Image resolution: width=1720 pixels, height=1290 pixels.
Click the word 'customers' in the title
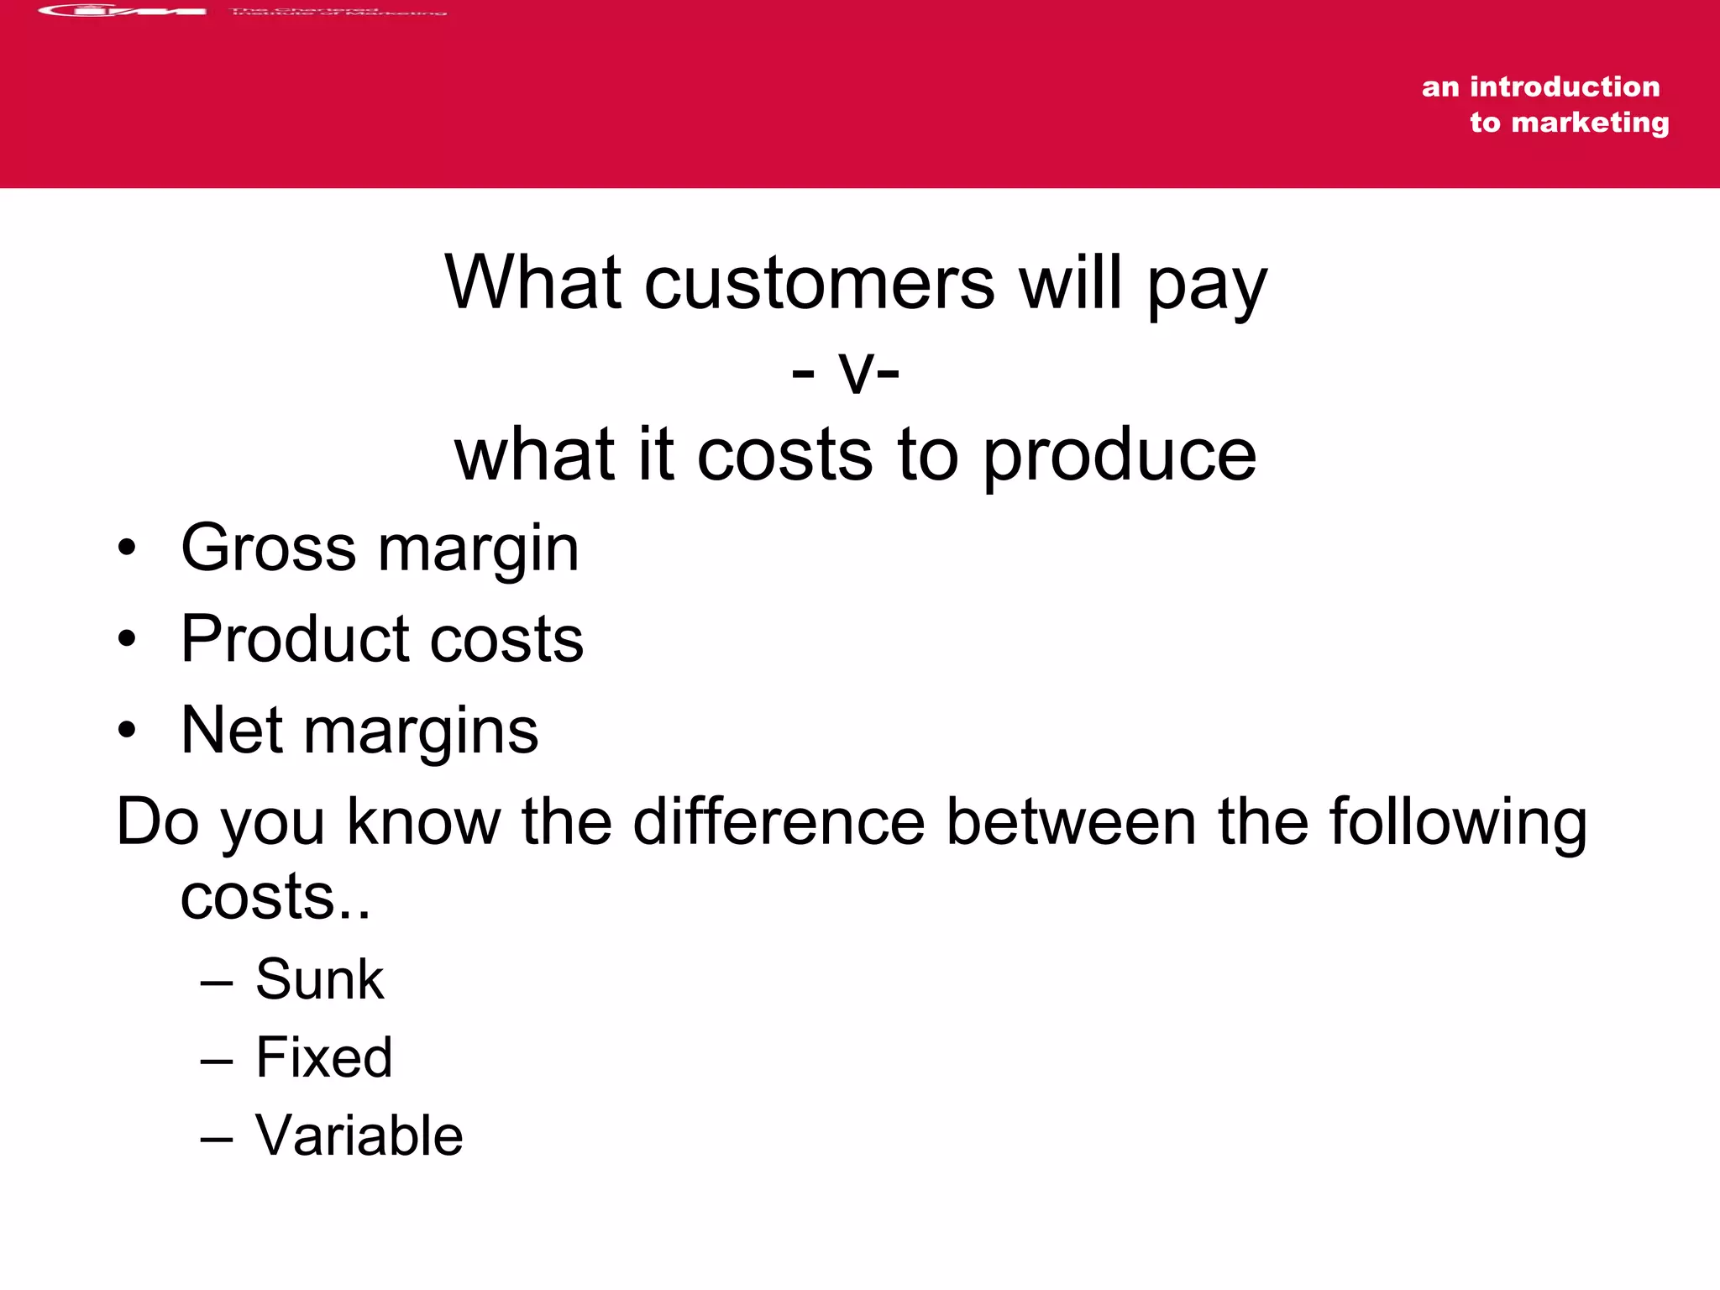(x=819, y=283)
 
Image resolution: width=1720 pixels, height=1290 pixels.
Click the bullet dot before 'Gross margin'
(x=127, y=548)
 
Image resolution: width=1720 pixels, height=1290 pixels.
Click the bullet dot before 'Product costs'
(x=127, y=639)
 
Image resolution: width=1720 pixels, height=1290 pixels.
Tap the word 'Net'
(x=232, y=730)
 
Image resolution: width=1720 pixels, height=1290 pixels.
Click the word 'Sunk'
(x=319, y=979)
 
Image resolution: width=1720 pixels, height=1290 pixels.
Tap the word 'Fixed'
(x=324, y=1057)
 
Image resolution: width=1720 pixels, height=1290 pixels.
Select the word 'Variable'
(x=359, y=1135)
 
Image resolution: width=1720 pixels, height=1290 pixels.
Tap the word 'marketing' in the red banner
(x=1590, y=123)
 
